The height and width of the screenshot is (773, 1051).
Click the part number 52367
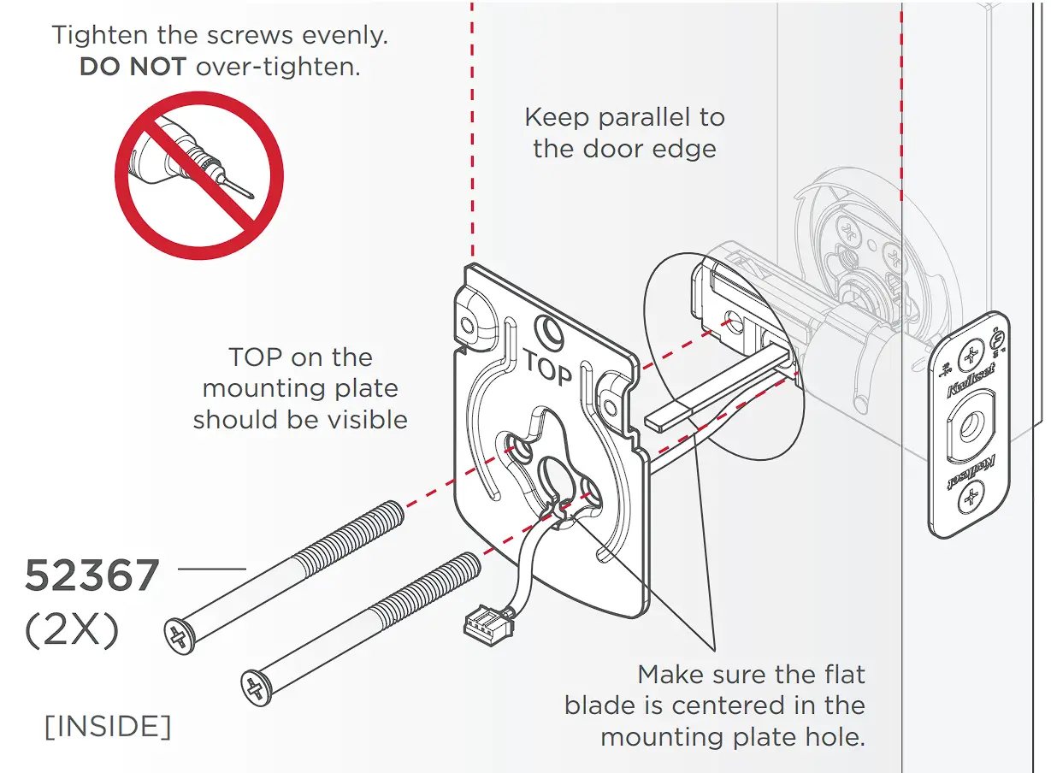(x=92, y=576)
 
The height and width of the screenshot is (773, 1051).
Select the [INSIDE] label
(x=108, y=726)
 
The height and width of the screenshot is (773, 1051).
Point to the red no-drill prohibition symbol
(x=199, y=176)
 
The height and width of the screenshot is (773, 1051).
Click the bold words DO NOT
(x=133, y=68)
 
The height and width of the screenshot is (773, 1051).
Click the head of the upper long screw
(x=177, y=634)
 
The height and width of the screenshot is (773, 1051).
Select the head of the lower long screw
(x=254, y=687)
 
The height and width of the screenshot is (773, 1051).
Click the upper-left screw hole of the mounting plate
(x=467, y=325)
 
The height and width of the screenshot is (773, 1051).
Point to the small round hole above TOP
(x=546, y=330)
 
